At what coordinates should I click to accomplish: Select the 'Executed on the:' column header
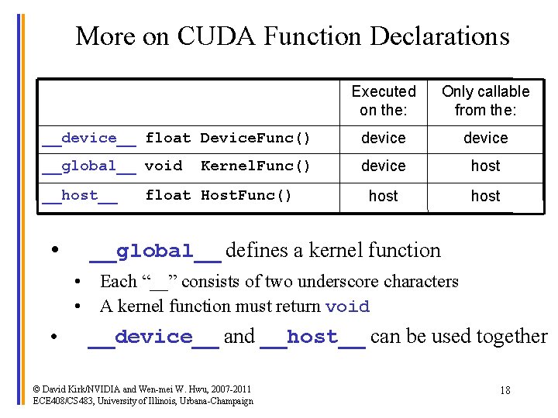[x=384, y=101]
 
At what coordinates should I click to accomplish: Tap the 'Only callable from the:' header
[x=485, y=101]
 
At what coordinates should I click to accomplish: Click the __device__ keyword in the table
[x=89, y=139]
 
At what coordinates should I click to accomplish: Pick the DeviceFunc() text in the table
[x=255, y=139]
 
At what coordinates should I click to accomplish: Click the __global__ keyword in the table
[x=89, y=166]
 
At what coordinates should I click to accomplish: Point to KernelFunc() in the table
[x=255, y=166]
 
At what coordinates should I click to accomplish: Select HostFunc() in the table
[x=246, y=196]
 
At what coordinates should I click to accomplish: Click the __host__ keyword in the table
[x=80, y=196]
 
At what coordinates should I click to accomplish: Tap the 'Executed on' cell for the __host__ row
[x=384, y=197]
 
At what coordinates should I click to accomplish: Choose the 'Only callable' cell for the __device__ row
[x=485, y=139]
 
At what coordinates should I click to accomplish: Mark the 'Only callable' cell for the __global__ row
[x=485, y=166]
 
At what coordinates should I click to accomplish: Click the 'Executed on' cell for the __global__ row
[x=384, y=166]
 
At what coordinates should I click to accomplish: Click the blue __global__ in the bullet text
[x=155, y=252]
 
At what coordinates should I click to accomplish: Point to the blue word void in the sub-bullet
[x=347, y=307]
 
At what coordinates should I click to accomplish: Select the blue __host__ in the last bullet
[x=313, y=337]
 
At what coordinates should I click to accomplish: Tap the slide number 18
[x=505, y=391]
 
